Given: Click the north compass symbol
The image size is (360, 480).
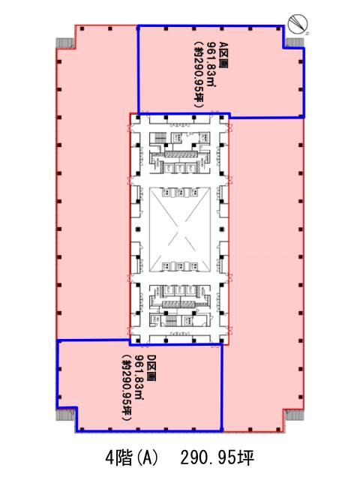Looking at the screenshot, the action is (x=298, y=24).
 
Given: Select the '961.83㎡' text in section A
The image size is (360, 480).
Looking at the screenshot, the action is (x=211, y=64).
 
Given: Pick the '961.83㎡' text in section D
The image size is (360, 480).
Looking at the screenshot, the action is (x=139, y=377).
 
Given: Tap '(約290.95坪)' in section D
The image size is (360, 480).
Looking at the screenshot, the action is (x=127, y=388).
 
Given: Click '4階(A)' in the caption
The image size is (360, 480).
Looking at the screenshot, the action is (x=132, y=458).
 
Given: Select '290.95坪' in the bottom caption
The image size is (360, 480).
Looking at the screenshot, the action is (x=217, y=458).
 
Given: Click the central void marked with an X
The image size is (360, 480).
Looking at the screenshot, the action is (x=180, y=229).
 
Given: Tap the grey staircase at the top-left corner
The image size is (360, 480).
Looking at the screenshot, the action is (x=65, y=43).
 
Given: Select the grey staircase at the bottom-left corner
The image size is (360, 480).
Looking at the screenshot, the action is (x=65, y=415).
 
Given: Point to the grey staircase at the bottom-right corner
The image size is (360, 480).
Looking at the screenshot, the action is (x=294, y=415).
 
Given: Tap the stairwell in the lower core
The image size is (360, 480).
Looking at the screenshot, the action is (x=171, y=321).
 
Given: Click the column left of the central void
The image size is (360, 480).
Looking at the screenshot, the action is (x=138, y=229).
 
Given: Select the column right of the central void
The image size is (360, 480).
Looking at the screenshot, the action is (x=223, y=229).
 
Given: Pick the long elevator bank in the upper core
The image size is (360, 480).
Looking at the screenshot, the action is (x=180, y=154).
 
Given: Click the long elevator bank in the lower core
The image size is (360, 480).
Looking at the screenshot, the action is (x=180, y=304).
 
